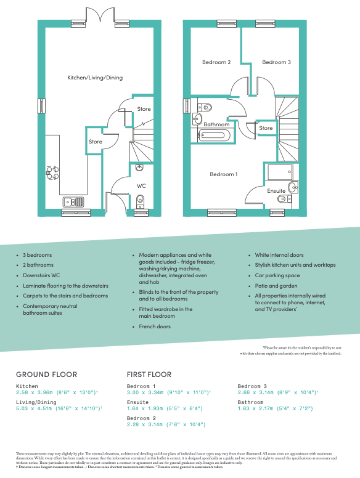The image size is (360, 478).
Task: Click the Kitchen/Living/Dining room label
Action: pyautogui.click(x=95, y=78)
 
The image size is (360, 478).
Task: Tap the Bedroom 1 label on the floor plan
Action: pyautogui.click(x=223, y=174)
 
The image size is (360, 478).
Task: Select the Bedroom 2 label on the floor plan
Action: pyautogui.click(x=216, y=62)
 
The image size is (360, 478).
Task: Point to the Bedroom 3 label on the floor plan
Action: pyautogui.click(x=276, y=62)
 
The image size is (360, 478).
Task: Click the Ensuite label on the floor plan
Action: pyautogui.click(x=276, y=191)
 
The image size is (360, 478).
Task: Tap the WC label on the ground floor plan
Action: pyautogui.click(x=141, y=185)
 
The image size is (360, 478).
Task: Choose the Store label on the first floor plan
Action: pyautogui.click(x=266, y=128)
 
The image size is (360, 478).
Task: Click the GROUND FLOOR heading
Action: pyautogui.click(x=47, y=374)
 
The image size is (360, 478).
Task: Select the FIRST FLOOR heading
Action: pyautogui.click(x=149, y=374)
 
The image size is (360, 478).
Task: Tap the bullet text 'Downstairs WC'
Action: pyautogui.click(x=44, y=275)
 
